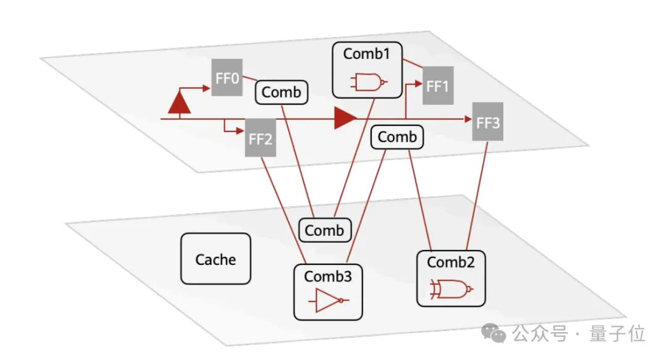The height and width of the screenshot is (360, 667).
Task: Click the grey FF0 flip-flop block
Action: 227,77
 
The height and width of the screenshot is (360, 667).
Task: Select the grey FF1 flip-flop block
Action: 438,86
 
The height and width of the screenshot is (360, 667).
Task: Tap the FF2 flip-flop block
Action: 261,138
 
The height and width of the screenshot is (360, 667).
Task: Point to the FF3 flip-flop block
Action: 487,122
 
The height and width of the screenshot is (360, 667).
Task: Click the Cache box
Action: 216,259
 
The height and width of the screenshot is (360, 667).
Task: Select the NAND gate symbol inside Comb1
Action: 369,82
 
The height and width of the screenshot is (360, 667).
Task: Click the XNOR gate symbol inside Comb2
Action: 451,289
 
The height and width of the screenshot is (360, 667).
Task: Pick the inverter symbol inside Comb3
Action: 329,301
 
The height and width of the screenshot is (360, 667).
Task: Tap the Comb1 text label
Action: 366,54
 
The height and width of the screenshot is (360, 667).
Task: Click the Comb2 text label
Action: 450,262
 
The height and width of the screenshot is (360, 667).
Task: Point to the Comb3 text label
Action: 327,277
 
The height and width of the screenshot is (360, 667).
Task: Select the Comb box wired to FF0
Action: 281,92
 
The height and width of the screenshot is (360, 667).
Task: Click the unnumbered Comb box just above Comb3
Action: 325,230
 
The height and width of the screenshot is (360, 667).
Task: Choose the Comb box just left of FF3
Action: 397,136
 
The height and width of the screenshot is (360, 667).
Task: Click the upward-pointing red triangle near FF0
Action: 179,103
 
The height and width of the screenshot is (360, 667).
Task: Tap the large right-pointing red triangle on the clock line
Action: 345,119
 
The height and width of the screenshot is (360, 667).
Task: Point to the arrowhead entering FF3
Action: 468,119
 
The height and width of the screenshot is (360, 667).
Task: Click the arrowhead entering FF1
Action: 418,84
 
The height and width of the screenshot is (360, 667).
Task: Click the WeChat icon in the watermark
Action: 493,332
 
